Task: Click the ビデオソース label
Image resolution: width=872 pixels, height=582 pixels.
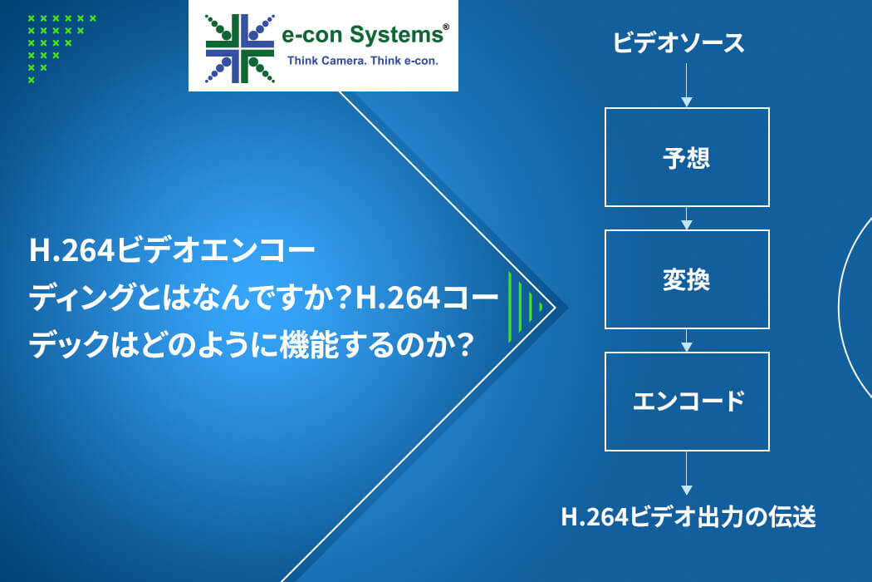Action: (678, 43)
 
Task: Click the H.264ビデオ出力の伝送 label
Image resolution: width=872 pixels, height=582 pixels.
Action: (688, 517)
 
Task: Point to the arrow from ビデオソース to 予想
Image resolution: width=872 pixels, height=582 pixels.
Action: (686, 85)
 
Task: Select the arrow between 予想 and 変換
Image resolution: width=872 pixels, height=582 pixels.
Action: (686, 218)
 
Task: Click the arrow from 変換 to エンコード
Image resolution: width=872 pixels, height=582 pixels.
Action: (686, 340)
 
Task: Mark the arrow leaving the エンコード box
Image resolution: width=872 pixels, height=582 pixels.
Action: (686, 473)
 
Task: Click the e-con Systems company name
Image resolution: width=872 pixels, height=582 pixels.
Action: (363, 35)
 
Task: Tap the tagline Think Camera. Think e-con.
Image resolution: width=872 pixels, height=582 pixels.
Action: (363, 61)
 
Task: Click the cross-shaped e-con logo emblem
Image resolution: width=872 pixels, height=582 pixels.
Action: (240, 48)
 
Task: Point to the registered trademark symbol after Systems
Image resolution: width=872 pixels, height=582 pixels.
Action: (445, 27)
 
